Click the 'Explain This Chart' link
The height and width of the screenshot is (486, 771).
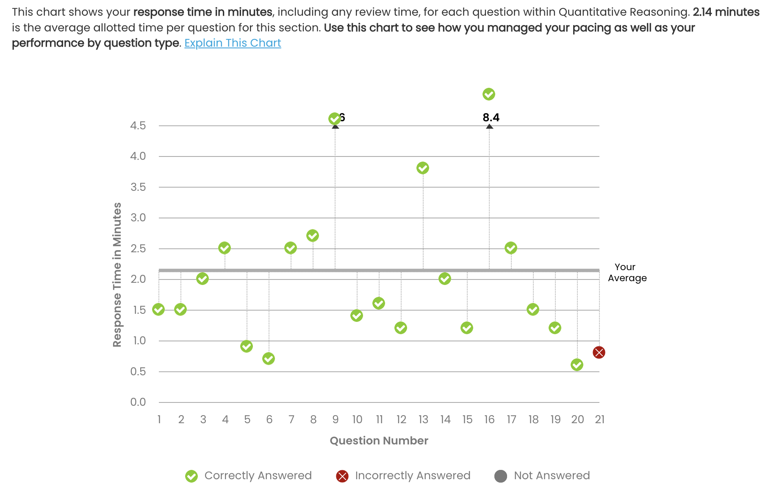tap(233, 43)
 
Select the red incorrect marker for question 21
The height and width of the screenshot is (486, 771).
tap(599, 352)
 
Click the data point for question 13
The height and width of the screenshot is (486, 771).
tap(422, 168)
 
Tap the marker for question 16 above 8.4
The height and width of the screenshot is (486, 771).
tap(488, 94)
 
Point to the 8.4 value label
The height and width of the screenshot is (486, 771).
tap(491, 117)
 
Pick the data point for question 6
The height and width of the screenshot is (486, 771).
tap(268, 359)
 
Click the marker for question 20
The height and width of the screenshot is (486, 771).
tap(577, 365)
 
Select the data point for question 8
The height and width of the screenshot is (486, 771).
tap(312, 235)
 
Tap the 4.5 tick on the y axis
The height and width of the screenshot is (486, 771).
tap(138, 126)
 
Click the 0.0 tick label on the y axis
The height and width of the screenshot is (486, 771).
tap(138, 402)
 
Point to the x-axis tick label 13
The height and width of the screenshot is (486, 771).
tap(423, 419)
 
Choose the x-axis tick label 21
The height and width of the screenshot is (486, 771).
tap(599, 419)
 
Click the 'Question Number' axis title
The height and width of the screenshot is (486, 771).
tap(379, 441)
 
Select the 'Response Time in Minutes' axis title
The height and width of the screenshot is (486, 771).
tap(117, 274)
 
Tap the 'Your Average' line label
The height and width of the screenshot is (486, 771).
tap(627, 272)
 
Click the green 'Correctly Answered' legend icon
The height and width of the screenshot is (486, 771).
tap(191, 476)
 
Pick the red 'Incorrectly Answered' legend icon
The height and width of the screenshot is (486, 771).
tap(342, 476)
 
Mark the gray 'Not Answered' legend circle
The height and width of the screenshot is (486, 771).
tap(501, 476)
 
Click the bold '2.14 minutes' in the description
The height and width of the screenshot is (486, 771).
tap(726, 12)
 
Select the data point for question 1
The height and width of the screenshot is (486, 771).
tap(158, 310)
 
